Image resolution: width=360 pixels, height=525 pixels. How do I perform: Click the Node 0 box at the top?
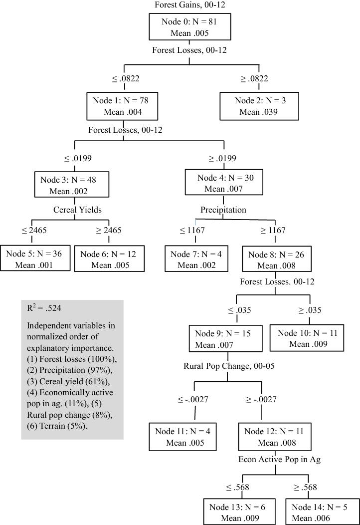click(x=189, y=27)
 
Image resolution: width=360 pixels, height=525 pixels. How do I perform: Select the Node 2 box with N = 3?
click(x=259, y=106)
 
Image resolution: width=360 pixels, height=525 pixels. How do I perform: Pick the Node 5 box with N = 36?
click(x=34, y=259)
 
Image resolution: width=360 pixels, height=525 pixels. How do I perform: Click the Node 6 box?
click(x=110, y=259)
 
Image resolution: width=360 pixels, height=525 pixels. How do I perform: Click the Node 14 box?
click(x=319, y=513)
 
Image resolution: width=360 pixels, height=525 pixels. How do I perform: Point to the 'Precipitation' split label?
click(x=223, y=210)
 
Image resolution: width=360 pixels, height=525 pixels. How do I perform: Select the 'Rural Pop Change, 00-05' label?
click(x=229, y=366)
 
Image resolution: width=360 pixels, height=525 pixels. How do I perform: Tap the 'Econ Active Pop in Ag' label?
click(x=279, y=459)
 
